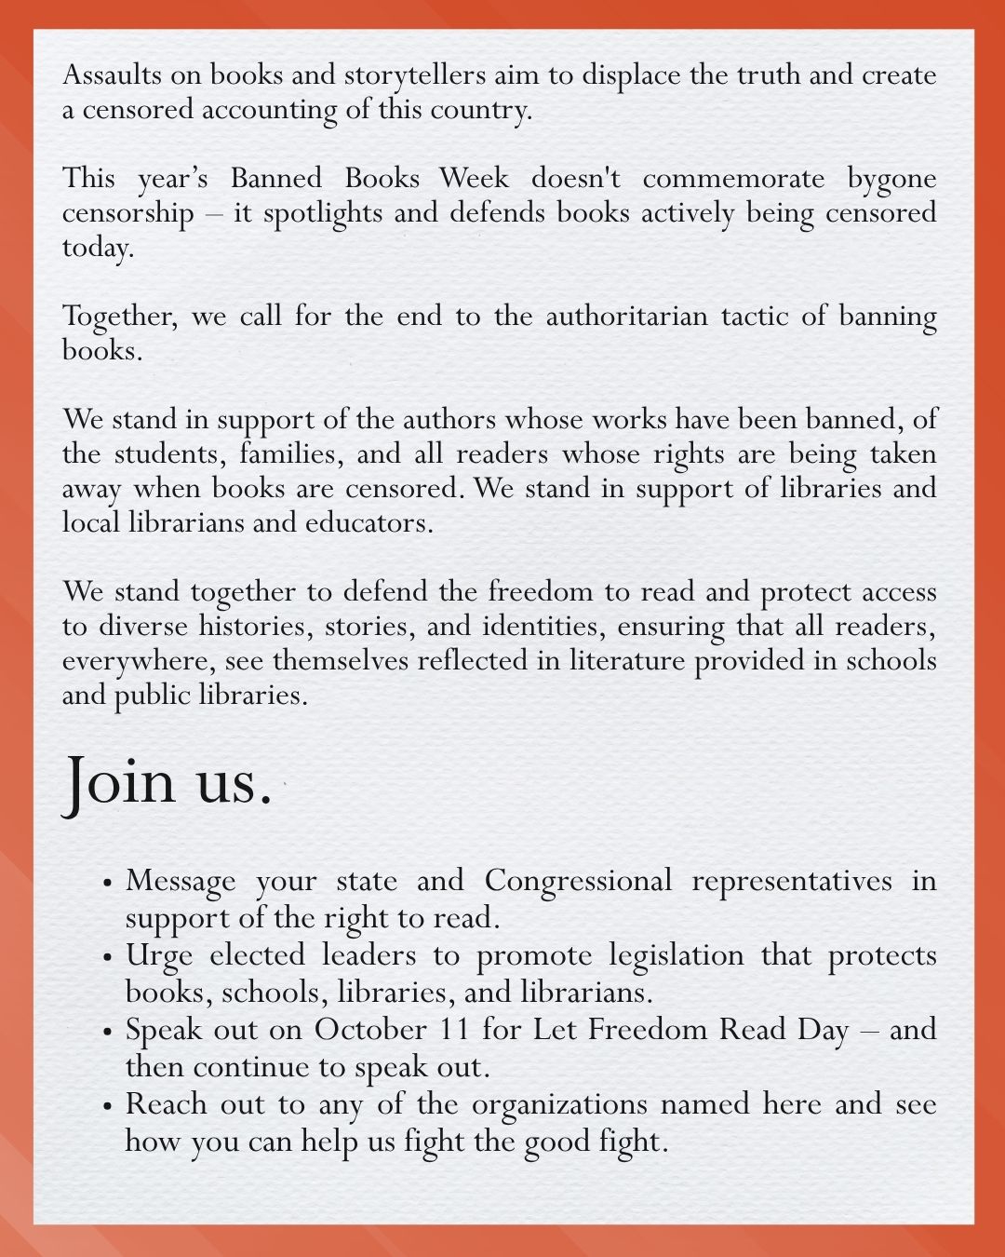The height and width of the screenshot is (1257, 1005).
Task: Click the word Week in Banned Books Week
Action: (x=475, y=178)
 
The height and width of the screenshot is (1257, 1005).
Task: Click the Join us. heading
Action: (x=167, y=780)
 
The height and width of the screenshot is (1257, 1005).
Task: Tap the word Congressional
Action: (x=577, y=880)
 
